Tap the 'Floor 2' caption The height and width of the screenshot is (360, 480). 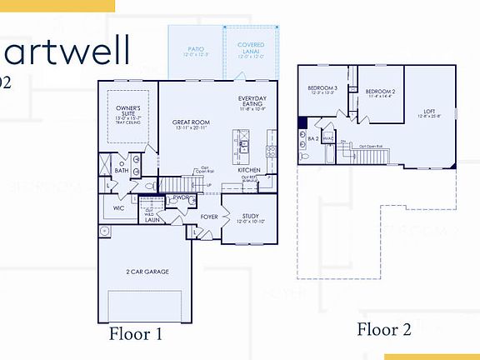pyautogui.click(x=384, y=329)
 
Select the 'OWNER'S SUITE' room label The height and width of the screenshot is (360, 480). pyautogui.click(x=127, y=112)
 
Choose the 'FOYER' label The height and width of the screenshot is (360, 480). pyautogui.click(x=209, y=217)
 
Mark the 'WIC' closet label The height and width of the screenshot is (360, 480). pyautogui.click(x=118, y=208)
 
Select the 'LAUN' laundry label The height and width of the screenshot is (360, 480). pyautogui.click(x=152, y=220)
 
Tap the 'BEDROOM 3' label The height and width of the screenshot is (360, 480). pyautogui.click(x=322, y=87)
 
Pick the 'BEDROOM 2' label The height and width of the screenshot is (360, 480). pyautogui.click(x=380, y=92)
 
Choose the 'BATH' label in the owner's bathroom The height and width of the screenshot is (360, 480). pyautogui.click(x=122, y=169)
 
